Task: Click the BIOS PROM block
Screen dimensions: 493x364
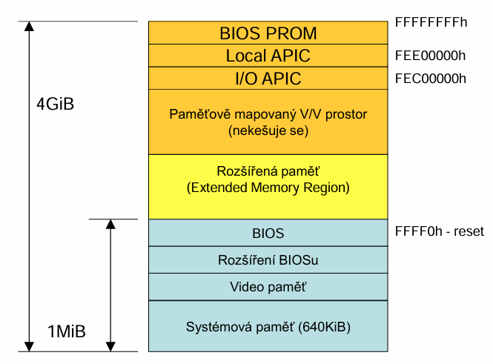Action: (268, 33)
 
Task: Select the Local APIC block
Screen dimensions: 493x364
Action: (268, 56)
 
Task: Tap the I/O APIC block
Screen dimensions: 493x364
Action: (268, 79)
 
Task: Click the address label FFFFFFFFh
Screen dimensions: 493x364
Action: (431, 22)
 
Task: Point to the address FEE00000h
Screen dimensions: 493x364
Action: (430, 56)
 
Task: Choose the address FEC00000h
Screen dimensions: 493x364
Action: (431, 79)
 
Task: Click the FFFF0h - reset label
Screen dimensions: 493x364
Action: (440, 231)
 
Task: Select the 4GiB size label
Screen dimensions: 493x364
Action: (56, 104)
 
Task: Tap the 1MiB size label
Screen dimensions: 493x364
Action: (66, 331)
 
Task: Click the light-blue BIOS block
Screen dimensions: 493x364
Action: (268, 233)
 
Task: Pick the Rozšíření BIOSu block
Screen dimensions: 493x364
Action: (268, 260)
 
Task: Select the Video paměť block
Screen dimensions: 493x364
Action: (268, 287)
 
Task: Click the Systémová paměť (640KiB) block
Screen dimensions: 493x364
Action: (268, 326)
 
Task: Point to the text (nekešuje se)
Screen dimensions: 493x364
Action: (268, 130)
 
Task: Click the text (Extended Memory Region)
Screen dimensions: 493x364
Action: (268, 188)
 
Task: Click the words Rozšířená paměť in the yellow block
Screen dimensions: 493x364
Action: (268, 171)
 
